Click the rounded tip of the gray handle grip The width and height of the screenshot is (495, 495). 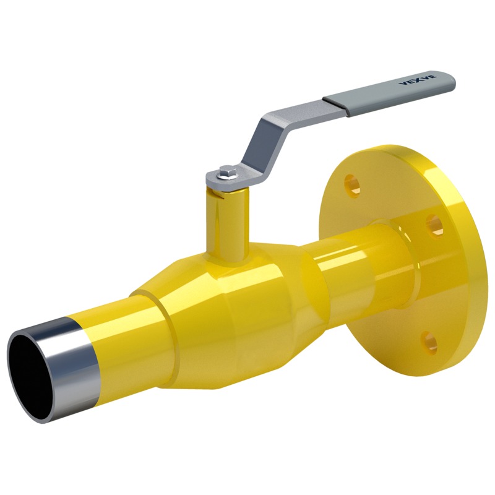[x=450, y=80]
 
